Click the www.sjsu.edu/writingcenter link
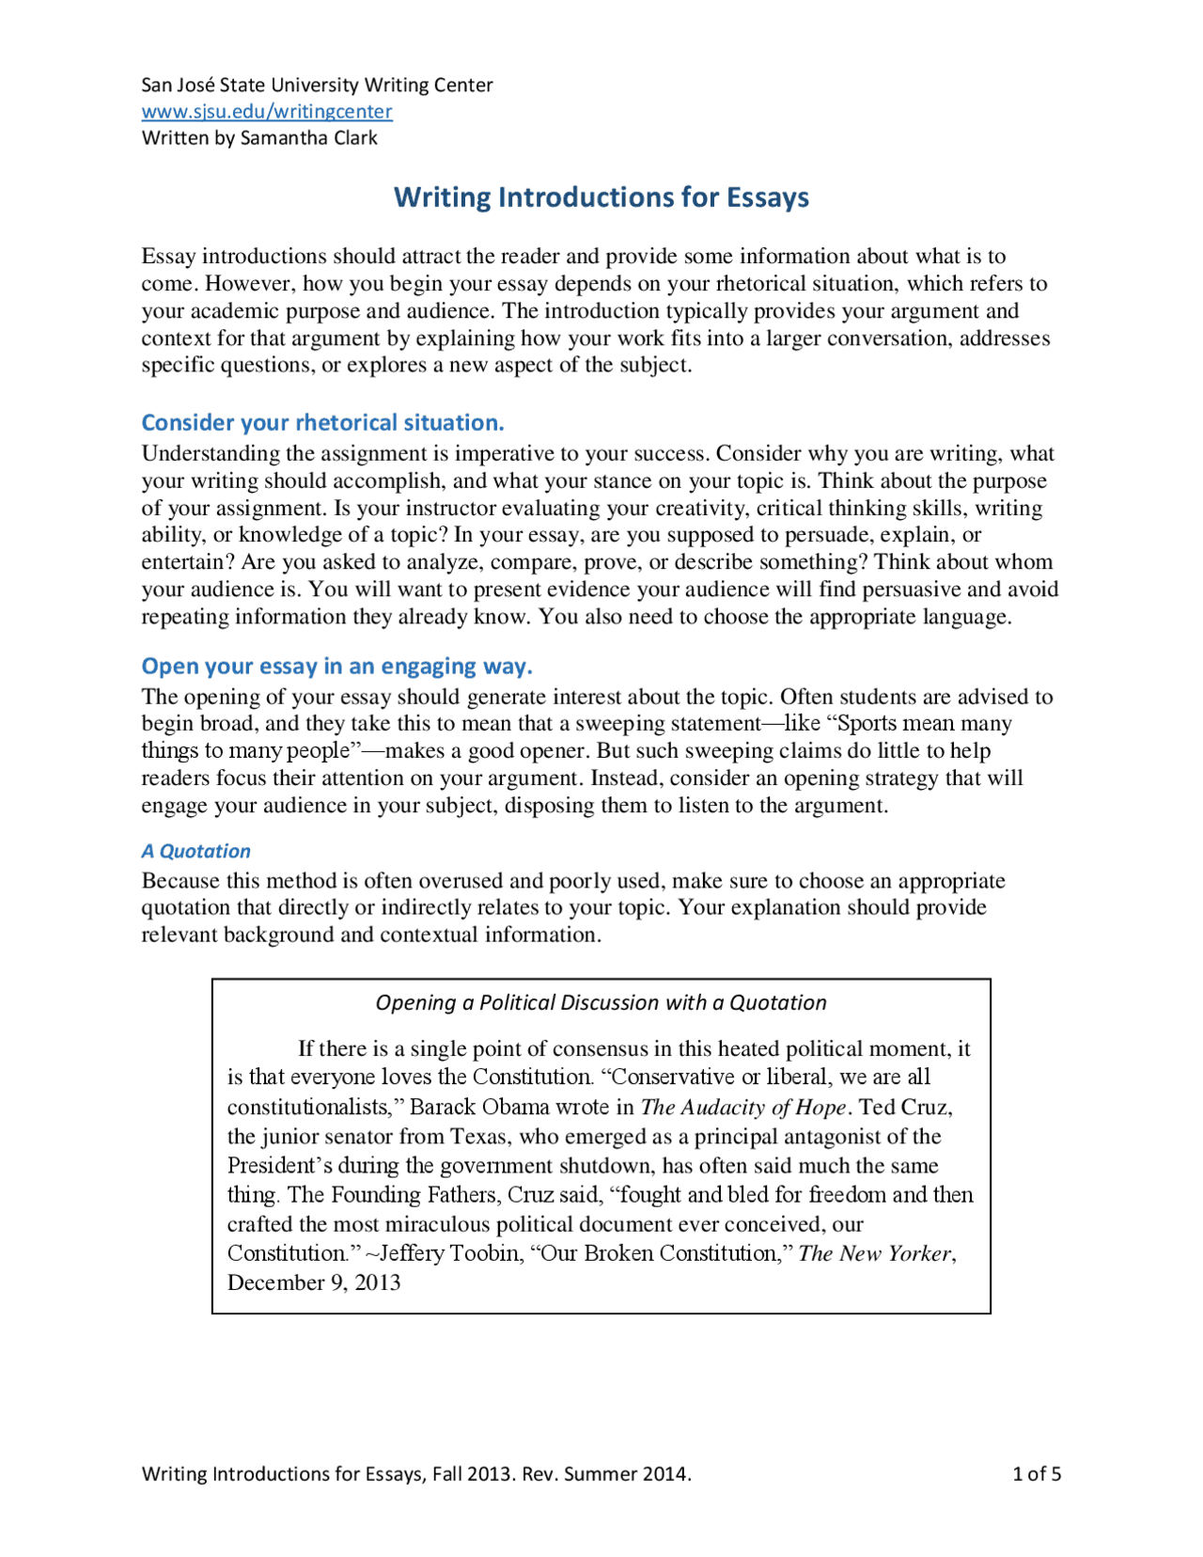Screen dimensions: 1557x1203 click(267, 111)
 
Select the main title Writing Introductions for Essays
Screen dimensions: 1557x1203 click(601, 197)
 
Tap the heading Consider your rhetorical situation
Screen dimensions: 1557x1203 click(322, 422)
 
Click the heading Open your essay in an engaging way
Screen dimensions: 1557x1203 click(336, 666)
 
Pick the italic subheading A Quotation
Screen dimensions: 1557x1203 click(195, 851)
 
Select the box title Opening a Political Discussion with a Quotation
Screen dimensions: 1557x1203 click(601, 1002)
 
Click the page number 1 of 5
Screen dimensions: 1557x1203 click(1036, 1473)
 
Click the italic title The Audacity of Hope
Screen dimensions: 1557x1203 click(742, 1108)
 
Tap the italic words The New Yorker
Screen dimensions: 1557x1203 click(874, 1253)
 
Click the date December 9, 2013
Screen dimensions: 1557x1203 click(314, 1282)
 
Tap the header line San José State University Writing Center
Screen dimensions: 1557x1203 click(317, 85)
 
